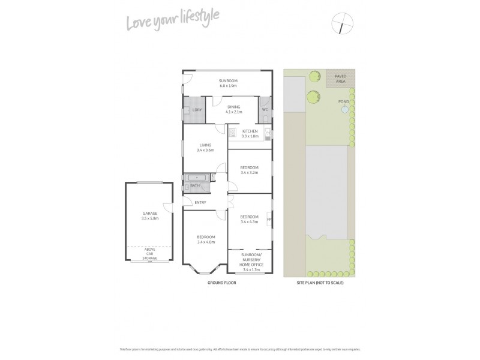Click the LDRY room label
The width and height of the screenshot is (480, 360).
click(x=197, y=110)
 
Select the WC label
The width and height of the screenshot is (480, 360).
click(x=264, y=110)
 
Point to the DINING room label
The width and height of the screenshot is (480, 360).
click(x=233, y=106)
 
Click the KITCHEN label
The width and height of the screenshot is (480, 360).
click(x=250, y=131)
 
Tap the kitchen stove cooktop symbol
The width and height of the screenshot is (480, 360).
click(x=232, y=133)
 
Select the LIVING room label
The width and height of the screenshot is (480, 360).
click(x=206, y=145)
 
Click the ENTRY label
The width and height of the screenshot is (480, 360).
click(x=200, y=202)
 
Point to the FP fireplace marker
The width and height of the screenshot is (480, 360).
click(x=269, y=220)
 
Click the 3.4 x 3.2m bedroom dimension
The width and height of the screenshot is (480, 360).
click(x=249, y=173)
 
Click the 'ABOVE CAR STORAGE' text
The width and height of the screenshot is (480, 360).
click(x=149, y=254)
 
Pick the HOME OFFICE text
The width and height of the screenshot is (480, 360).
click(x=249, y=265)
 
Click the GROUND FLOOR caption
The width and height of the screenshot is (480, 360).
click(x=221, y=282)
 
